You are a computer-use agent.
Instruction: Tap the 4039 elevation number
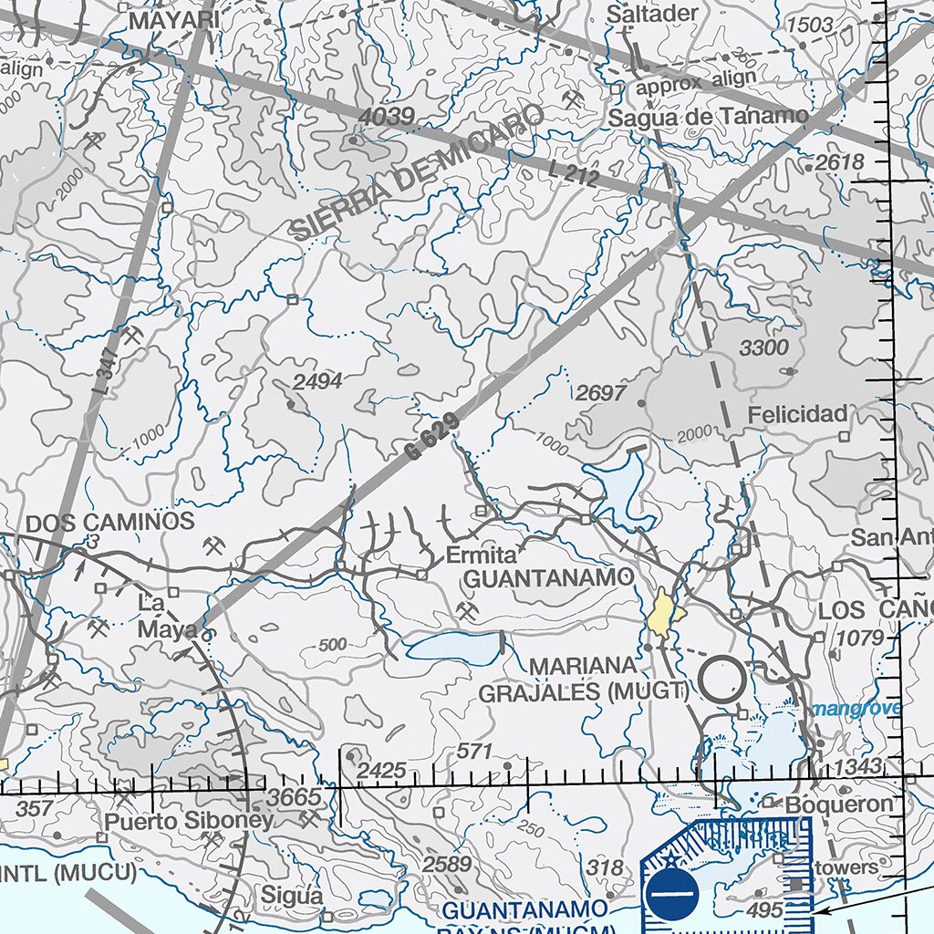tap(386, 117)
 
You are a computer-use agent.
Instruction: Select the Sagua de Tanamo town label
tap(708, 116)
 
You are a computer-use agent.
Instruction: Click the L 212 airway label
tap(574, 172)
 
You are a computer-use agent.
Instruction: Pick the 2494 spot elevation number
tap(317, 381)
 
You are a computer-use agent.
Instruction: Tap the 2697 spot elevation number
tap(601, 393)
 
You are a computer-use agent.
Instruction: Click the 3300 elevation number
tap(763, 348)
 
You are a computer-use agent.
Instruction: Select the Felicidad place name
tap(797, 414)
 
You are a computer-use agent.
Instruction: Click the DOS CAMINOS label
tap(110, 522)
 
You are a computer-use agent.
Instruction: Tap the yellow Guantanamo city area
tap(665, 614)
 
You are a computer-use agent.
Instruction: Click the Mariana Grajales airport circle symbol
tap(723, 680)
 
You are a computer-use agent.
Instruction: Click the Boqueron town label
tap(838, 804)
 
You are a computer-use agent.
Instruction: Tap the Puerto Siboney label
tap(188, 820)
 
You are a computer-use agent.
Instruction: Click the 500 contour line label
tap(333, 645)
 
